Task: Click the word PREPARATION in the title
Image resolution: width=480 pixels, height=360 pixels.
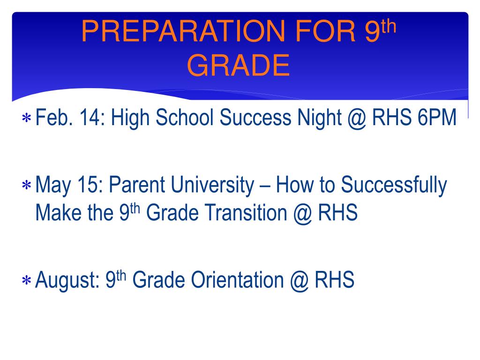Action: pyautogui.click(x=183, y=31)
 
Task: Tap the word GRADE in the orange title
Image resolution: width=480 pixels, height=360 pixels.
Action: pyautogui.click(x=238, y=65)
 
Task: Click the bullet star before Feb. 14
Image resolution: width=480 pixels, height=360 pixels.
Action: pyautogui.click(x=27, y=118)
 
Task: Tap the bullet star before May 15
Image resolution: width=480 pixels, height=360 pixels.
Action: pyautogui.click(x=27, y=186)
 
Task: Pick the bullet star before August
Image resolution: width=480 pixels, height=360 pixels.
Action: pyautogui.click(x=27, y=280)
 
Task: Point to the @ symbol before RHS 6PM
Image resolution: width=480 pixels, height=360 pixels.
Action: pyautogui.click(x=357, y=119)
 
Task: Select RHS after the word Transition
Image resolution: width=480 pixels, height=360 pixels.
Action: pyautogui.click(x=337, y=212)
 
